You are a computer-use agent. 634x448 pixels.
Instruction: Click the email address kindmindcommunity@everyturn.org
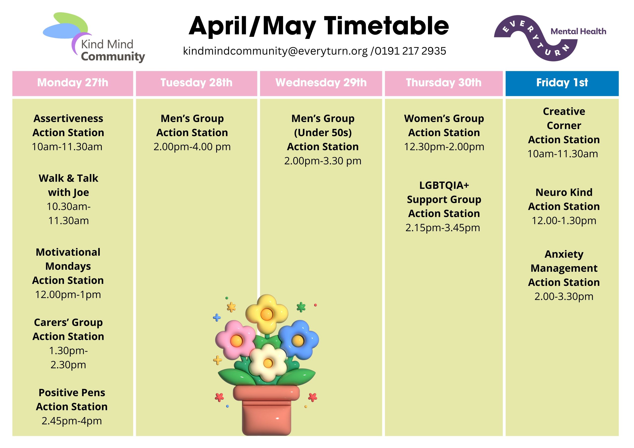275,51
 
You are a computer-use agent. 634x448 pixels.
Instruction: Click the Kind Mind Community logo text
110,50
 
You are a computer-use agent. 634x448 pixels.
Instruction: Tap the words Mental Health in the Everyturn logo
578,31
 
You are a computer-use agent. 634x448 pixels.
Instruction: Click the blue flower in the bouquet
298,340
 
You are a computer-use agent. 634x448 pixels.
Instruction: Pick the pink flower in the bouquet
236,340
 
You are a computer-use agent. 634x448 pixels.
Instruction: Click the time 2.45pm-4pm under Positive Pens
72,421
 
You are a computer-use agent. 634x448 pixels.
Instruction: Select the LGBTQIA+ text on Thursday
444,185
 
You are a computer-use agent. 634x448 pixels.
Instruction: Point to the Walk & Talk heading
69,178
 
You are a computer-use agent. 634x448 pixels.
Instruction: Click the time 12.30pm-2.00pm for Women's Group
444,147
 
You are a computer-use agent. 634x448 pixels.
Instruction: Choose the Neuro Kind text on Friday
564,192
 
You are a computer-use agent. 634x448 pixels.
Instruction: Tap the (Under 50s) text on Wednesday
323,133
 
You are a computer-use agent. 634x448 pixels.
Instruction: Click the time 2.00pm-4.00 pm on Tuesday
192,147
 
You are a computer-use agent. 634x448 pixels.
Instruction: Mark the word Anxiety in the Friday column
564,254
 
